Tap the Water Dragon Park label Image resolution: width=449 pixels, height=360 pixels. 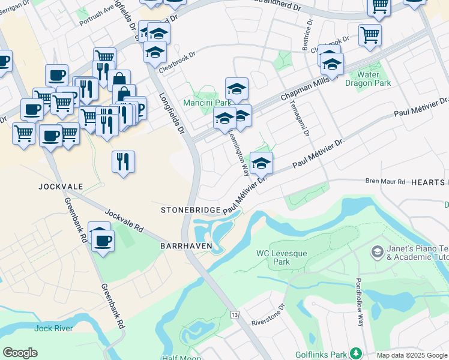pos(373,79)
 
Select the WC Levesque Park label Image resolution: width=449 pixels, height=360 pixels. pos(282,257)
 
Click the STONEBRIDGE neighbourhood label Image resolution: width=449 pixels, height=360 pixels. pos(190,210)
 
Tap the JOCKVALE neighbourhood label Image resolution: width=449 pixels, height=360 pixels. pos(60,186)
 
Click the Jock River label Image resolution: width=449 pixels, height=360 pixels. pos(53,328)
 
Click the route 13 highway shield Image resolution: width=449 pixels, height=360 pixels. pos(234,314)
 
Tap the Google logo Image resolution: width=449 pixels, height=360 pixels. pos(20,353)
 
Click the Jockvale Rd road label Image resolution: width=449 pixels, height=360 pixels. pos(125,221)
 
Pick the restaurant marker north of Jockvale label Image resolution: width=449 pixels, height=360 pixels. pos(123,161)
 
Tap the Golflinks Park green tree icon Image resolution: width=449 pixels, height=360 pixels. pos(356,352)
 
